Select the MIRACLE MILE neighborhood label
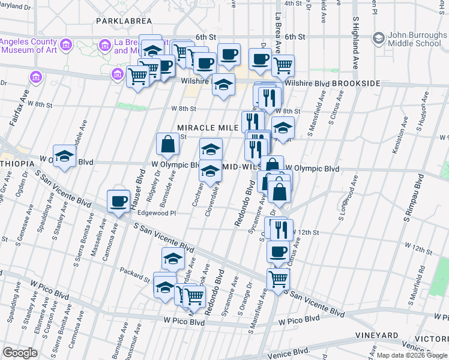tap(207, 128)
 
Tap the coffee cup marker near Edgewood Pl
tap(118, 201)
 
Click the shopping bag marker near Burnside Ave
tap(167, 144)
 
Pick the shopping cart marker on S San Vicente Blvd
tap(278, 279)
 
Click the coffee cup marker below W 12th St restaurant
tap(278, 252)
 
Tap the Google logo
tap(20, 353)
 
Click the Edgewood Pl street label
tap(156, 213)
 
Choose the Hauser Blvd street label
tap(137, 187)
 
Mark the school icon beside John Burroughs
tap(378, 38)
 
